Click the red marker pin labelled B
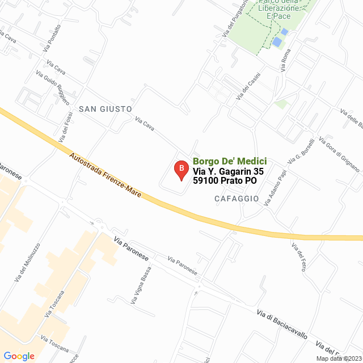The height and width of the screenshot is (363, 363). click(181, 170)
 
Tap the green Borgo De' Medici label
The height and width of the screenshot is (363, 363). click(229, 161)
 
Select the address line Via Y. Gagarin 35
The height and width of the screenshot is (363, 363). click(228, 171)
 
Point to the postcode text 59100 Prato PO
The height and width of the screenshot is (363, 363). click(225, 181)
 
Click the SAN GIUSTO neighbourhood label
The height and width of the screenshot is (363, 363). click(105, 108)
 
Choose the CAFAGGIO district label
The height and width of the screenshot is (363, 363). click(237, 199)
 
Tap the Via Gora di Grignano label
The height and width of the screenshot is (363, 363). click(339, 154)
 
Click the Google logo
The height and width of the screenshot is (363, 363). click(19, 356)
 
